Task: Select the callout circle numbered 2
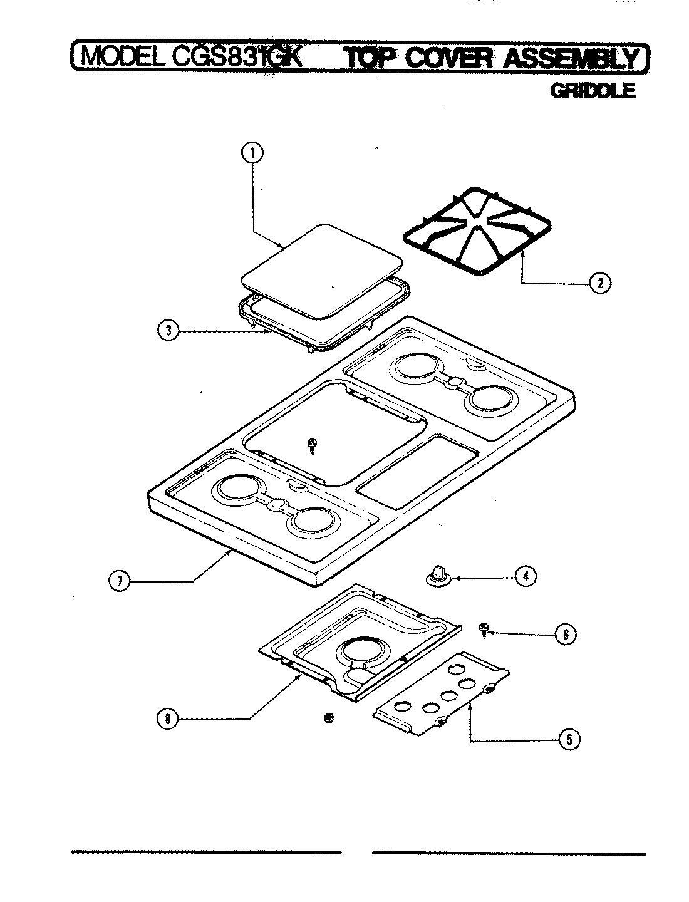click(x=599, y=283)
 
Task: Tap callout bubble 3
click(x=167, y=331)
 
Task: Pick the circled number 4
click(x=525, y=576)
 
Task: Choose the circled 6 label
click(x=564, y=634)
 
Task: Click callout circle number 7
click(x=119, y=581)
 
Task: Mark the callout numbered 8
click(x=167, y=719)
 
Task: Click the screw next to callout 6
click(x=484, y=629)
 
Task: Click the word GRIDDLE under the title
click(x=592, y=91)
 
